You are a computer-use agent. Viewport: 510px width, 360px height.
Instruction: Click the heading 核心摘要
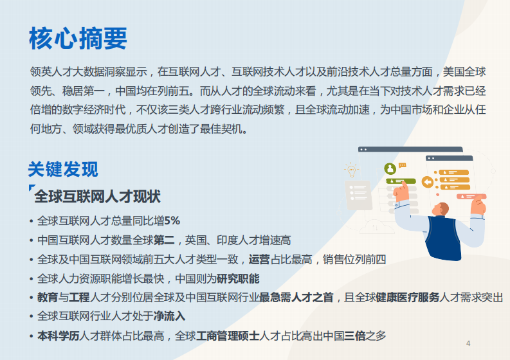tap(77, 39)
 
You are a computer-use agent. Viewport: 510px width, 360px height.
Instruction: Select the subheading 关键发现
tap(62, 169)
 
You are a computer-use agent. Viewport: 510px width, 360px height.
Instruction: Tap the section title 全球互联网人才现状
tap(97, 196)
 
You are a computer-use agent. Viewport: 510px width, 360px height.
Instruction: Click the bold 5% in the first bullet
tap(172, 221)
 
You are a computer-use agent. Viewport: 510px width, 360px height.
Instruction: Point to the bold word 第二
tap(163, 240)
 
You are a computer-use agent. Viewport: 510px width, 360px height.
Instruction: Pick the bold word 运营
tap(259, 260)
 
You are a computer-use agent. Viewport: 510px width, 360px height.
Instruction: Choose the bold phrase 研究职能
tap(238, 278)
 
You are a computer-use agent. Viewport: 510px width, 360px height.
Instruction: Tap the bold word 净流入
tap(169, 316)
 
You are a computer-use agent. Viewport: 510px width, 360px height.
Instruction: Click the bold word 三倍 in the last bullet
tap(355, 336)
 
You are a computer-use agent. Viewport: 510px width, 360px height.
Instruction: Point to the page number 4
tap(468, 343)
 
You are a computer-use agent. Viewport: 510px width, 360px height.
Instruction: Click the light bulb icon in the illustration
tap(351, 170)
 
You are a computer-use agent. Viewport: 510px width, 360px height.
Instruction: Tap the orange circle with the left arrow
tap(427, 182)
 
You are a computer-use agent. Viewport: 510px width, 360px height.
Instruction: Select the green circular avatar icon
tap(390, 168)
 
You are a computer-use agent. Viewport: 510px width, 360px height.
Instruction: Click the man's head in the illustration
tap(442, 208)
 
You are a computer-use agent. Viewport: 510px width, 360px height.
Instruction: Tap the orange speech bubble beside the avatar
tap(403, 165)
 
